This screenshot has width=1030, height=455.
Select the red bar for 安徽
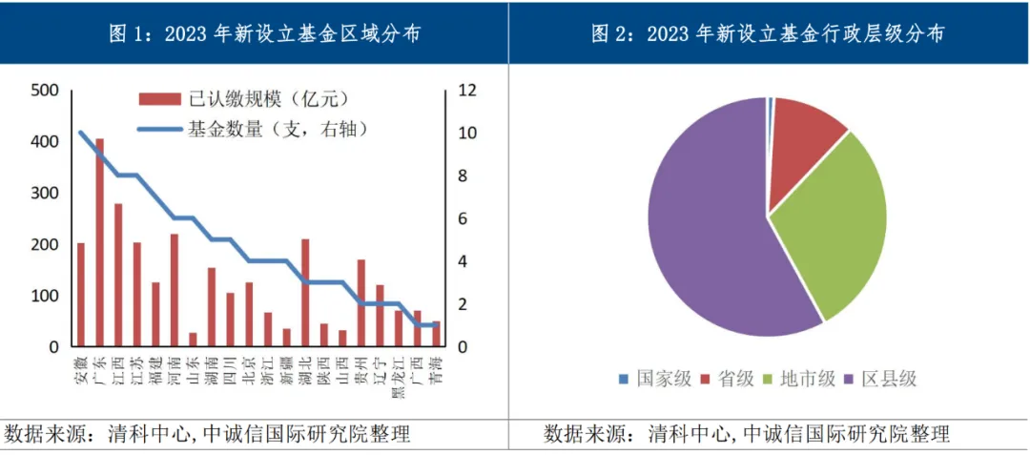point(81,296)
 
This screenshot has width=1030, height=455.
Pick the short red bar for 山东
point(193,340)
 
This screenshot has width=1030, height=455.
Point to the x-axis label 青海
point(436,368)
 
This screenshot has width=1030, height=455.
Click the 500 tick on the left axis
point(46,91)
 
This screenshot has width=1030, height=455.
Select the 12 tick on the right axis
point(466,91)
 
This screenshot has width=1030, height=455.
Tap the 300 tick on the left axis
point(46,194)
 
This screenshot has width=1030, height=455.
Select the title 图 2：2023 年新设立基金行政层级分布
point(768,34)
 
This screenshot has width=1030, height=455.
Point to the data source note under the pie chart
point(747,435)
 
